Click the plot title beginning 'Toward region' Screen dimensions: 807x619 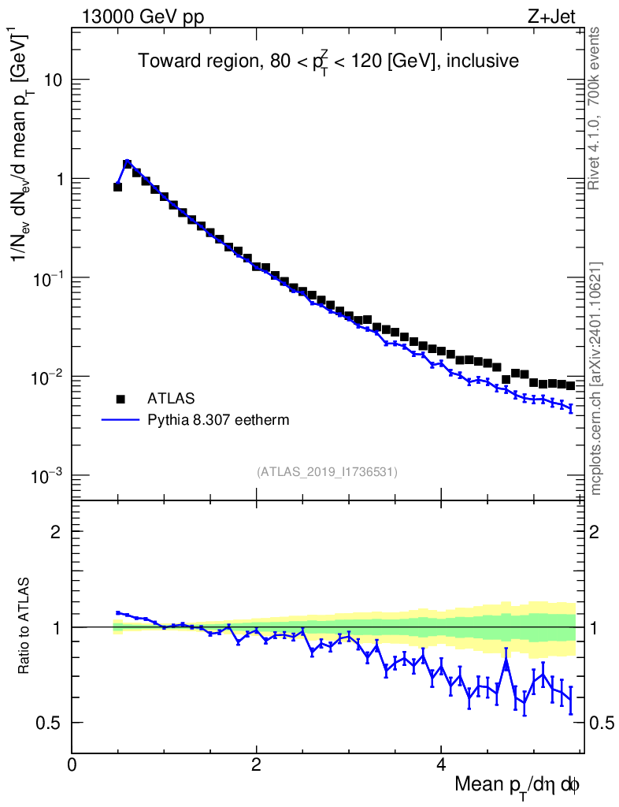click(x=328, y=61)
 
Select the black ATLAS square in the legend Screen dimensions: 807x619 click(x=120, y=398)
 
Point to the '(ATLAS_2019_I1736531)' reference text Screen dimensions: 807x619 click(x=326, y=472)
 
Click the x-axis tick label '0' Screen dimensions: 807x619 click(x=72, y=764)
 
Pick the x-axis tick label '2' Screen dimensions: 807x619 click(x=257, y=764)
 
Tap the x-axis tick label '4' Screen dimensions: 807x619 click(x=441, y=764)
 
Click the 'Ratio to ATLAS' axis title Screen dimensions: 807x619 click(x=24, y=627)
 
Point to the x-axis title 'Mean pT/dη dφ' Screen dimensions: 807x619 click(x=517, y=785)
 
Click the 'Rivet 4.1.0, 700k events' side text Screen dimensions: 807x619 click(x=595, y=108)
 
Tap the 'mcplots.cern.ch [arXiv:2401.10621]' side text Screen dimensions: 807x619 click(x=596, y=378)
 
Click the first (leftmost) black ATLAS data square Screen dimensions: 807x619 click(x=117, y=187)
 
